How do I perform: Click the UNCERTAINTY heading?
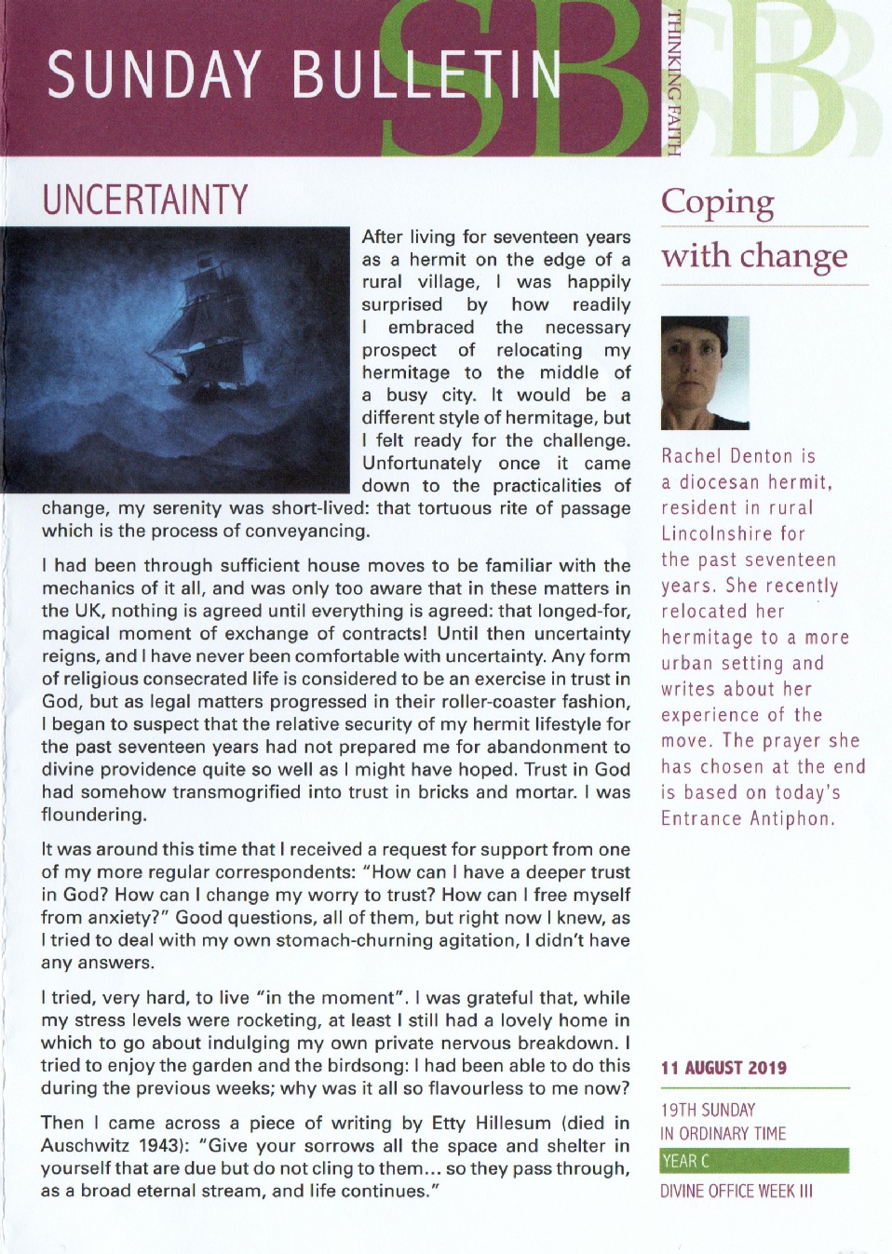145,200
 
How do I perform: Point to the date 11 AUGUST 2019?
723,1068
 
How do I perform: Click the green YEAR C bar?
754,1161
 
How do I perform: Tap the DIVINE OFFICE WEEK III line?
736,1191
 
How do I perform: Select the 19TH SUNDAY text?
708,1110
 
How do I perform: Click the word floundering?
93,815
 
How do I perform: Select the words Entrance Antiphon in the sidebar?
748,818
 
